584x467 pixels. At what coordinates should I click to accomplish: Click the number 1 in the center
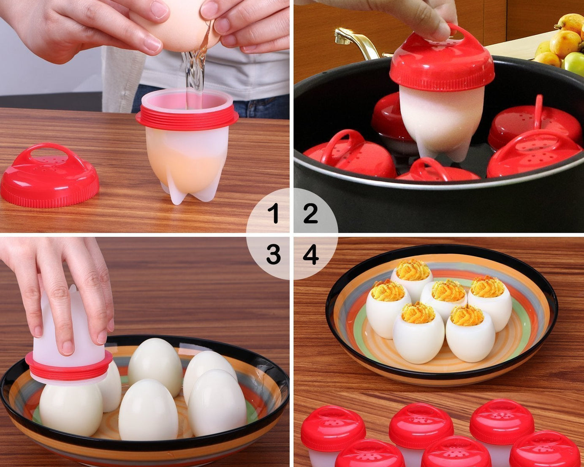pos(275,213)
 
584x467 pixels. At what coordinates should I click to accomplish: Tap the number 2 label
pos(310,213)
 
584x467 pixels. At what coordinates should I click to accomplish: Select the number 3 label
pos(273,255)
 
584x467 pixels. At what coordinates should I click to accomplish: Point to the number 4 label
pos(311,255)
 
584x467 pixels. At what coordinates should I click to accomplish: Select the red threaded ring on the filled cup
pos(187,118)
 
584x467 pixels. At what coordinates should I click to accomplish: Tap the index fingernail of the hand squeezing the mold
pos(68,347)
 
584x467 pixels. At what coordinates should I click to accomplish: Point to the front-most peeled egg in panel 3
pos(148,410)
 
